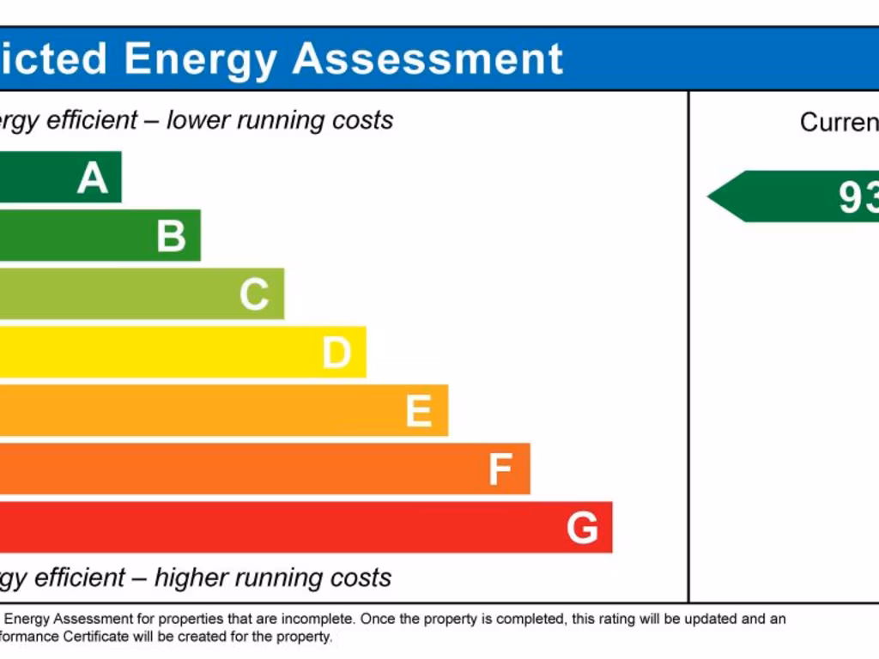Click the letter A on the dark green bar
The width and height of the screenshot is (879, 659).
tap(93, 178)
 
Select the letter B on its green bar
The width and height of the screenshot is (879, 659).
tap(171, 236)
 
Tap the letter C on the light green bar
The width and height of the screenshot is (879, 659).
tap(254, 294)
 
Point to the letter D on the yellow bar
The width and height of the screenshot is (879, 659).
tap(336, 353)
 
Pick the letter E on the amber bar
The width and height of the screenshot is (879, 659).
tap(418, 411)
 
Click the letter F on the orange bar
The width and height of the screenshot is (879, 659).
tap(500, 469)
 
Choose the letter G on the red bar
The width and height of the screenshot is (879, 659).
tap(582, 528)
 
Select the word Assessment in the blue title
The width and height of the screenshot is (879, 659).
tap(427, 58)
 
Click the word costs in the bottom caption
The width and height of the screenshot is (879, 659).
tap(361, 577)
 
